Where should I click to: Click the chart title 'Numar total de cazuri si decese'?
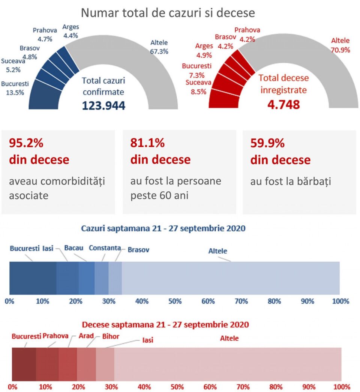coord(168,13)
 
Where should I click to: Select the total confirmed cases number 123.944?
coord(104,105)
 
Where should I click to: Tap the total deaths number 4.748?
coord(283,104)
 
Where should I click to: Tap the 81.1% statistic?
coord(147,143)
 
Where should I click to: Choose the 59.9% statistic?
coord(267,143)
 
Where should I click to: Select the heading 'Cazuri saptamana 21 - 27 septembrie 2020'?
coord(163,228)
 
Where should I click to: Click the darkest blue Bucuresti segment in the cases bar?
coord(33,278)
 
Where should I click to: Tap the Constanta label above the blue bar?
coord(105,248)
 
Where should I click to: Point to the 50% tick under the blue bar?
coord(175,301)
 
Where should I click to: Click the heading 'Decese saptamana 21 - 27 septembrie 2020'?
coord(165,324)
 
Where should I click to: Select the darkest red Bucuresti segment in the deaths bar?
coord(24,364)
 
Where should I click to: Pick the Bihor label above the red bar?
coord(111,336)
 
